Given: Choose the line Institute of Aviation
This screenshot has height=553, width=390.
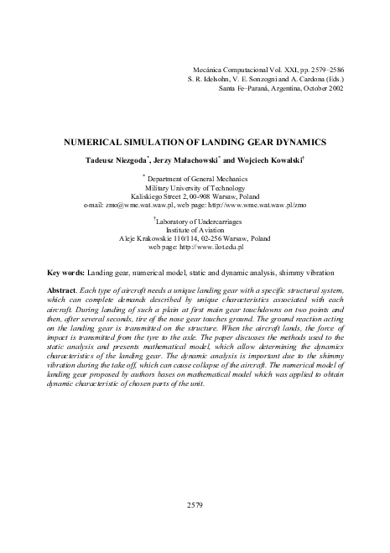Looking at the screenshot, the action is [195, 230].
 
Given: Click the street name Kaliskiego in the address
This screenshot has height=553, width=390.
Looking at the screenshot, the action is [151, 196].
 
